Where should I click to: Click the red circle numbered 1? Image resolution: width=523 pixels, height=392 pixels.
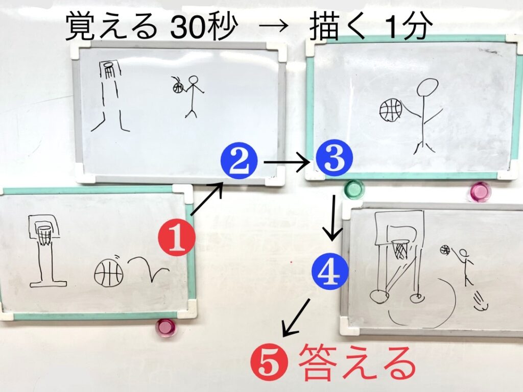[177, 237]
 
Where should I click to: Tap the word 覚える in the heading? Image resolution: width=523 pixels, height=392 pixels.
[111, 27]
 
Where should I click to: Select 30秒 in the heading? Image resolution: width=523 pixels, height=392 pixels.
[204, 27]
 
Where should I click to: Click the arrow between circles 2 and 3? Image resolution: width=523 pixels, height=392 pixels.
[287, 162]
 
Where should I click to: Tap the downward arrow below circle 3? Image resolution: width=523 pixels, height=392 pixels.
[332, 218]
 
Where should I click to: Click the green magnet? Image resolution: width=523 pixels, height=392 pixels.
[354, 189]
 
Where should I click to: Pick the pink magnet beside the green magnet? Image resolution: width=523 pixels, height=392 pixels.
[481, 191]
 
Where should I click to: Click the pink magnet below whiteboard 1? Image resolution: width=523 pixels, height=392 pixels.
[165, 328]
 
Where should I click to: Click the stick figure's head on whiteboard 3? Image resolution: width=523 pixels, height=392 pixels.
[427, 87]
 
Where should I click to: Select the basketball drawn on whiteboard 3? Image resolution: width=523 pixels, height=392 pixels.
[391, 110]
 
